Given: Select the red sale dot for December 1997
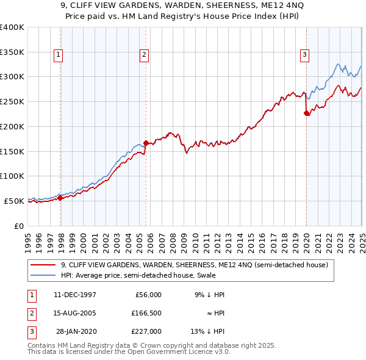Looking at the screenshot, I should coord(60,198).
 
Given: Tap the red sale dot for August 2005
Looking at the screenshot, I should coord(146,143).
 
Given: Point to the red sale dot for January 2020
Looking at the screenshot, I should coord(307,113).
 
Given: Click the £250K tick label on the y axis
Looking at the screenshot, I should coord(12,101).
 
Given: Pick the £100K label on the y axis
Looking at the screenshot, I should coord(12,176).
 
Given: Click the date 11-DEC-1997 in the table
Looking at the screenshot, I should coord(75,295).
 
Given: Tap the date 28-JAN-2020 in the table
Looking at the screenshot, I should coord(76,331).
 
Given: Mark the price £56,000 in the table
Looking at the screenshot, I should coord(148,295).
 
